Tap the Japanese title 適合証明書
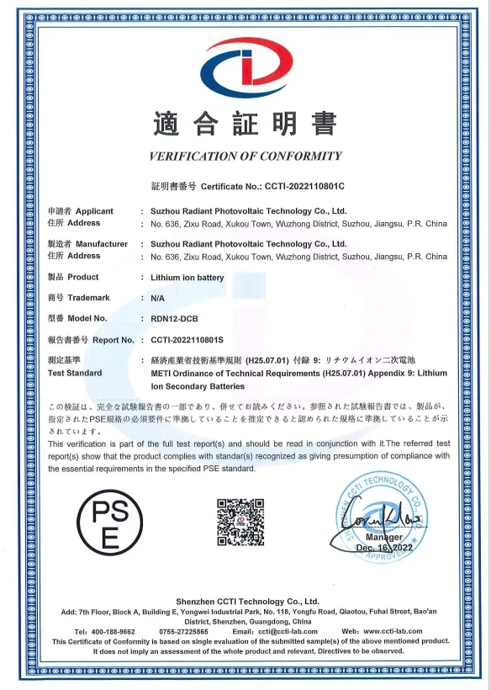(245, 125)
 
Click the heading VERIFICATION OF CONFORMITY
(245, 156)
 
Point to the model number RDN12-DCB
(174, 319)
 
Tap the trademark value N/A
(158, 298)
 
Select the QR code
(241, 522)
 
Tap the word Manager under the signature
(384, 537)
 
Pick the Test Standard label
(76, 373)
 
